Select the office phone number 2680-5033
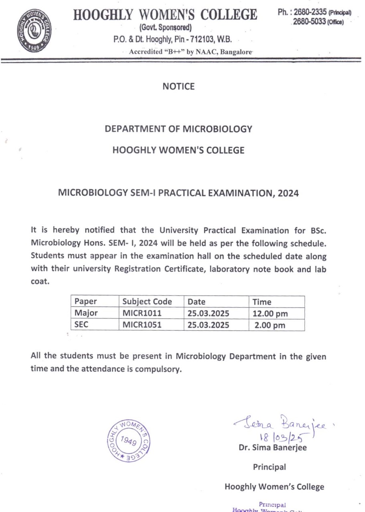310,22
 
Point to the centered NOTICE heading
179,86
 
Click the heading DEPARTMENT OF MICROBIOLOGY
178,129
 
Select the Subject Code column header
147,302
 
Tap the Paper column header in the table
86,302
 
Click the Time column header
262,302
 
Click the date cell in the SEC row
208,325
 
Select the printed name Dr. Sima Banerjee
273,448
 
